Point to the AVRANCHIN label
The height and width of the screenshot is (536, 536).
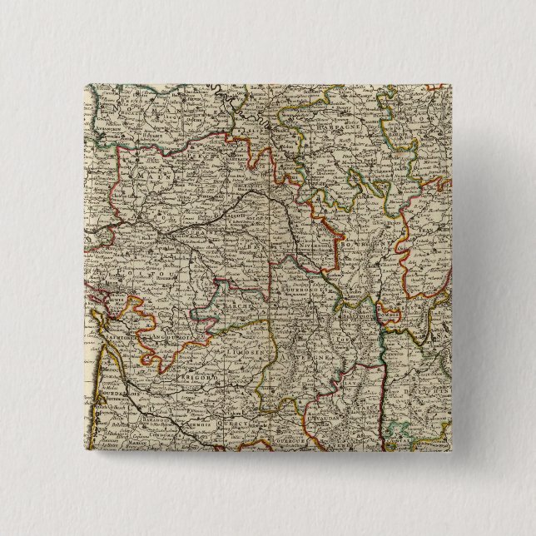[112, 112]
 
